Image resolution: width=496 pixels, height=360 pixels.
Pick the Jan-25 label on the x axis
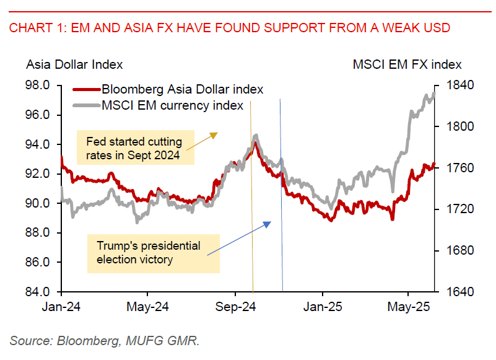click(322, 307)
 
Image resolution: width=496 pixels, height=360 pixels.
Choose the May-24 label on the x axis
click(148, 307)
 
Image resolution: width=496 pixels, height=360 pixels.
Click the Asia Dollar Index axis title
click(74, 64)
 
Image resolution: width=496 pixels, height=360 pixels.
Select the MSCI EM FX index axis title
click(407, 64)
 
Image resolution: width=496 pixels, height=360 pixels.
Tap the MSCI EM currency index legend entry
click(172, 105)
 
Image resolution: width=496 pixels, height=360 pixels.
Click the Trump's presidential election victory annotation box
click(152, 253)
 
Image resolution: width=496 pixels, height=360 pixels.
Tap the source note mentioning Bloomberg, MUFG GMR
click(105, 340)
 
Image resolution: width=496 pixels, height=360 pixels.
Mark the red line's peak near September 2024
click(255, 143)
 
